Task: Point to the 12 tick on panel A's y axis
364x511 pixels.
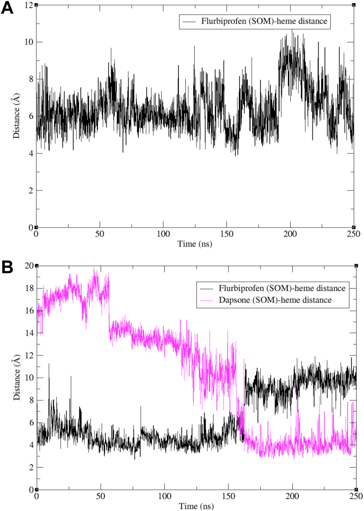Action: [x=29, y=5]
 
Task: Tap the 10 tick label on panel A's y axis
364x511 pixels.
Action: [x=29, y=42]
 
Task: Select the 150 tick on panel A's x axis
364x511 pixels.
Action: [x=226, y=234]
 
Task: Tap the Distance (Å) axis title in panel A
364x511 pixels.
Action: [x=17, y=116]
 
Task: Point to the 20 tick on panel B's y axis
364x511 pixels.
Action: [x=29, y=266]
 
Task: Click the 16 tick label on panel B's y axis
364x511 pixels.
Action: [x=29, y=311]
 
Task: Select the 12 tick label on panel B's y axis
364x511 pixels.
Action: [x=29, y=356]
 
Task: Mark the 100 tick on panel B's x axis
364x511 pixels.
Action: [x=164, y=497]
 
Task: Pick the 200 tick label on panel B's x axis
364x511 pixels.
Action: [x=292, y=497]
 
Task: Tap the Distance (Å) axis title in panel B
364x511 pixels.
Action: [x=17, y=378]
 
